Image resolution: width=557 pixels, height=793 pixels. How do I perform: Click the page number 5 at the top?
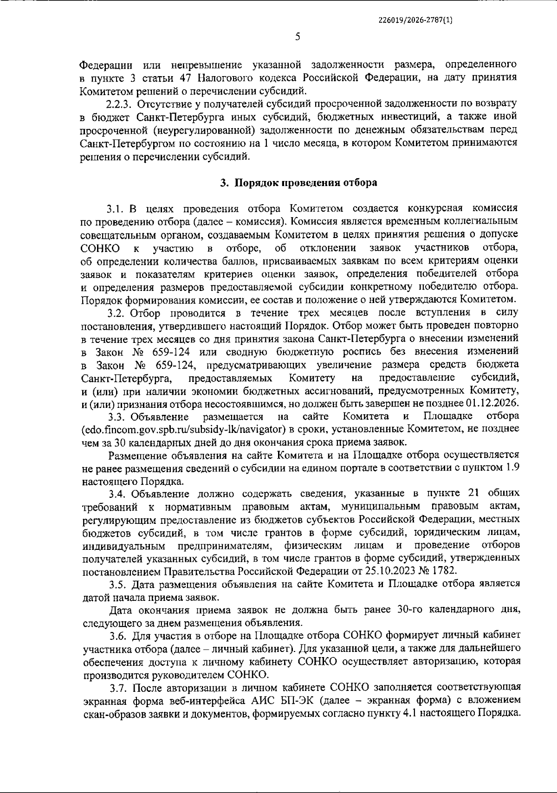point(298,37)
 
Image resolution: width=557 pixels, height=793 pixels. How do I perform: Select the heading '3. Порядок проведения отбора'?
point(298,182)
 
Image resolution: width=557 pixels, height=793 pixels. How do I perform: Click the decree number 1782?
point(443,570)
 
